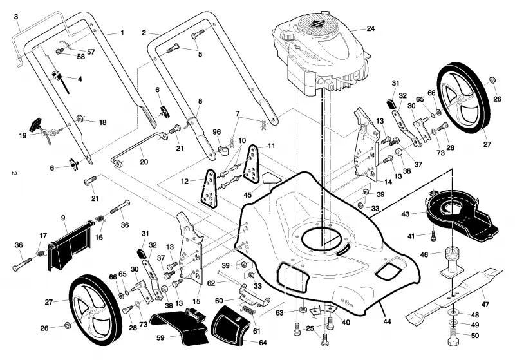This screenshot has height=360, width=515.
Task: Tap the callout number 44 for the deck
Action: (x=388, y=321)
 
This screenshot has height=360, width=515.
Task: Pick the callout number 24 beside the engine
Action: (x=371, y=28)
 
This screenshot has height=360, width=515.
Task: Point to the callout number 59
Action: (x=160, y=337)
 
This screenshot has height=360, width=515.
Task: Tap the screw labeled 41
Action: (x=433, y=236)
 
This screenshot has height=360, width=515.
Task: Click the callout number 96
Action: (x=216, y=132)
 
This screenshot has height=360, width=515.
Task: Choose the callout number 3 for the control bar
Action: (x=16, y=17)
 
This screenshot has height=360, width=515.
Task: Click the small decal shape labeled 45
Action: (x=272, y=178)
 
